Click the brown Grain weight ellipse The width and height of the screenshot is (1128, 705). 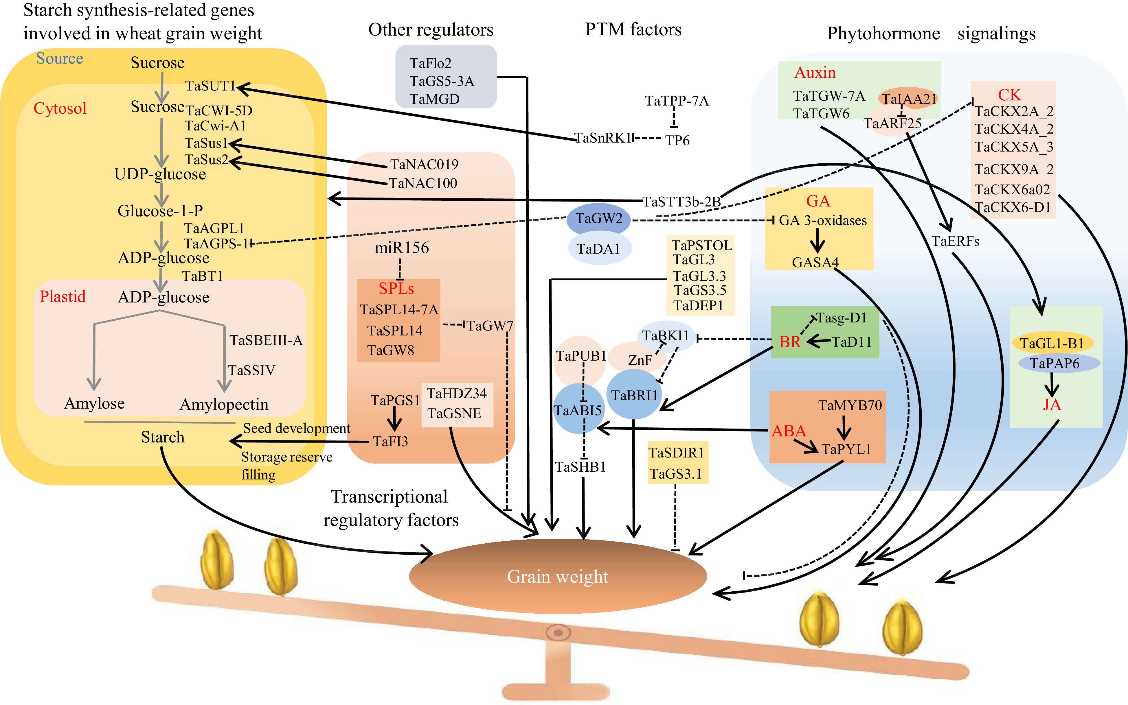click(557, 576)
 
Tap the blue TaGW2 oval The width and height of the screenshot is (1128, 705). click(598, 219)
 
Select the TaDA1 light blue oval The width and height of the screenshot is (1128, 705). click(599, 248)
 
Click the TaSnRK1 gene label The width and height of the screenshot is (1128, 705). click(603, 138)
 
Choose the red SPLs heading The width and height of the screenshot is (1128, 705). click(396, 289)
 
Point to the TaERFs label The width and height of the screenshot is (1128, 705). click(955, 241)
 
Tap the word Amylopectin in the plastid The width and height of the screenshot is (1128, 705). click(224, 404)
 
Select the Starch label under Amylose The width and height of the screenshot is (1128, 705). click(163, 437)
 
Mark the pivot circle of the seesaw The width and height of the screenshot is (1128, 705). click(558, 633)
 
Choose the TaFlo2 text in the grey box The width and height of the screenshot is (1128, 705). click(430, 63)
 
